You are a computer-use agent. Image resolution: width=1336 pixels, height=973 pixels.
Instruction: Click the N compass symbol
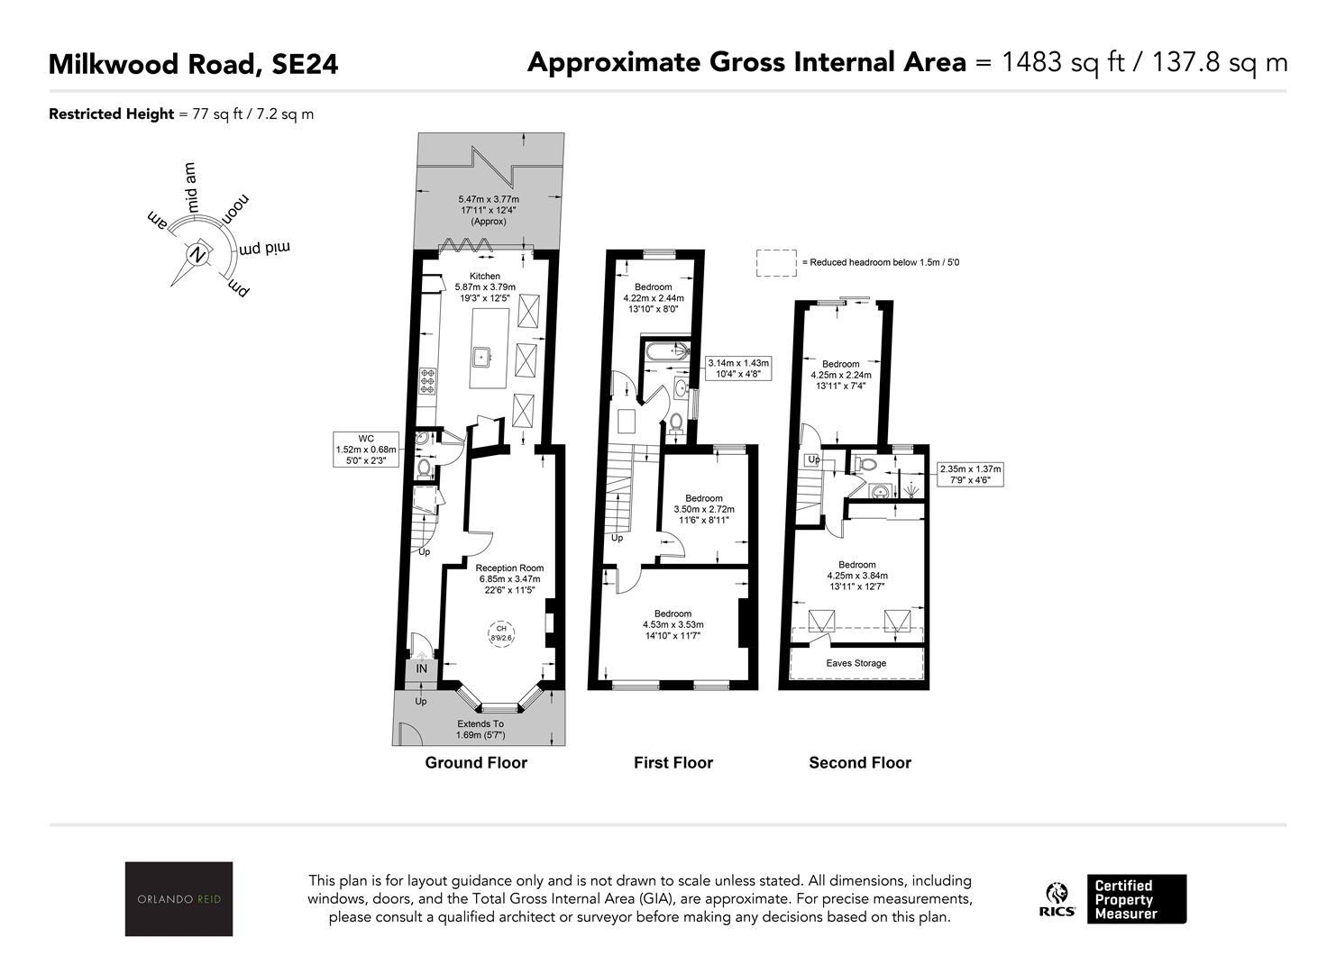tap(197, 255)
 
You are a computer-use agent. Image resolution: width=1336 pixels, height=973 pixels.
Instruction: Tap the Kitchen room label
tap(485, 276)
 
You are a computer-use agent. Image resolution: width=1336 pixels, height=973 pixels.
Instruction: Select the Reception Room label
tap(509, 568)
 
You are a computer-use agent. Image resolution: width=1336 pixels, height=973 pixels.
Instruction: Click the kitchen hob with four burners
tap(427, 380)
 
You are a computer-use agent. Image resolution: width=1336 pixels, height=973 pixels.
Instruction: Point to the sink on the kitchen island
tap(481, 358)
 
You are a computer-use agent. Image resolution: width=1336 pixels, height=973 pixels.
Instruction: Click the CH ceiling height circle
tap(501, 632)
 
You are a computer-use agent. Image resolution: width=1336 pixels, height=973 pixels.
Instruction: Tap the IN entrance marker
tap(422, 668)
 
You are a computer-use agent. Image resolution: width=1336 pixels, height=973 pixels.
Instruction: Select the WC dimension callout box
tap(366, 450)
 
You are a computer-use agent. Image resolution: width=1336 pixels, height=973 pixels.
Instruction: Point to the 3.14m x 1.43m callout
tap(737, 368)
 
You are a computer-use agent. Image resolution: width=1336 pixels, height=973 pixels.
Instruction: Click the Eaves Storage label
tap(856, 663)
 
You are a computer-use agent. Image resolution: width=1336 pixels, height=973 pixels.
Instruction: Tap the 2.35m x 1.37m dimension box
tap(970, 474)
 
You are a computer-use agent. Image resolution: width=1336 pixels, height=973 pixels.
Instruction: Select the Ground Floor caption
tap(476, 762)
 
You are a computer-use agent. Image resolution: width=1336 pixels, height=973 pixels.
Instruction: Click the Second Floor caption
tap(860, 762)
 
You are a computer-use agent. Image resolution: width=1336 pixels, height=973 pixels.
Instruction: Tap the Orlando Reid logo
tap(178, 898)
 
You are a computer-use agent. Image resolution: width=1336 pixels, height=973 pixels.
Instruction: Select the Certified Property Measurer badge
tap(1137, 899)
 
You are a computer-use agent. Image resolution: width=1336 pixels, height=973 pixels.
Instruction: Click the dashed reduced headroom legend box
tap(776, 263)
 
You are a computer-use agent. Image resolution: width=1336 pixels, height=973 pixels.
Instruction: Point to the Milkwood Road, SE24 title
tap(193, 64)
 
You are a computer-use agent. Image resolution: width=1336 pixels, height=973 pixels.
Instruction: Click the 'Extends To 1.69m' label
tap(480, 729)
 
